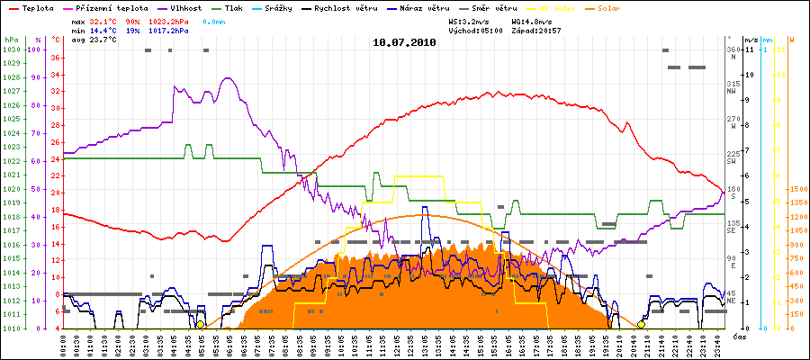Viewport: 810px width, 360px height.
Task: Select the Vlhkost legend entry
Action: (x=184, y=7)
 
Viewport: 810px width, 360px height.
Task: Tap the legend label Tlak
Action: (x=233, y=7)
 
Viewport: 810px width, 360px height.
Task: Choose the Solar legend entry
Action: (x=607, y=7)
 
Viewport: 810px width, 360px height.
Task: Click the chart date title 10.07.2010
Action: (x=404, y=41)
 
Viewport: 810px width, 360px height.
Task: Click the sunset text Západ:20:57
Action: (x=536, y=30)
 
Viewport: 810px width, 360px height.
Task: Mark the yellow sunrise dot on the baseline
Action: (x=201, y=325)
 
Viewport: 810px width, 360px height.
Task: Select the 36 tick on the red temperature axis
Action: (x=55, y=58)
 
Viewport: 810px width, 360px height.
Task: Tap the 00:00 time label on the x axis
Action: (x=65, y=342)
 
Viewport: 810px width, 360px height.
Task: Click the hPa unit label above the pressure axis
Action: (x=10, y=40)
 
